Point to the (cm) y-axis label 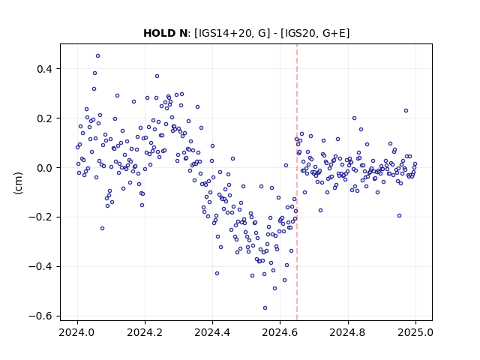click(18, 183)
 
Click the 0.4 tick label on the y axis click(44, 69)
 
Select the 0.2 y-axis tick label click(44, 118)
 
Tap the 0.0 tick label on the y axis click(44, 168)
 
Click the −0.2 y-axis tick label click(40, 217)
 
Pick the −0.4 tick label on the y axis click(40, 267)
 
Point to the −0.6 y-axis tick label click(40, 316)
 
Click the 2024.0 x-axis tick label click(77, 332)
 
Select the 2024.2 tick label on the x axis click(145, 332)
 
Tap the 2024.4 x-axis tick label click(212, 332)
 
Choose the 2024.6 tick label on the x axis click(280, 332)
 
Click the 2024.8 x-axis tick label click(348, 332)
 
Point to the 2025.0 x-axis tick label click(415, 332)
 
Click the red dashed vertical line click(297, 182)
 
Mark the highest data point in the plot click(98, 56)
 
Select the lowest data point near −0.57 click(265, 308)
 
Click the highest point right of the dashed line click(406, 111)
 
